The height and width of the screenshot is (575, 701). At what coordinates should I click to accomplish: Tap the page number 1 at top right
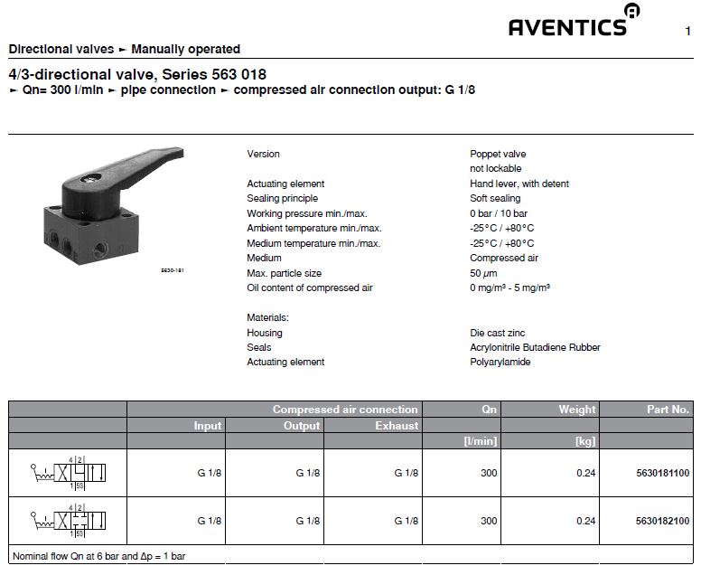688,32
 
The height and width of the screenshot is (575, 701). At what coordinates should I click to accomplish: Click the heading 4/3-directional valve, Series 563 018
136,74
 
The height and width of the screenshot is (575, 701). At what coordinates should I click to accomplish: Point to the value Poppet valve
497,154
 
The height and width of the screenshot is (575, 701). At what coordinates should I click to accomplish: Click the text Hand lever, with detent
519,184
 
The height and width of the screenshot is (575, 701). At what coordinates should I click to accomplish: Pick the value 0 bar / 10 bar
500,213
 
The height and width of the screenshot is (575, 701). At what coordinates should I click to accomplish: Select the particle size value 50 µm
484,273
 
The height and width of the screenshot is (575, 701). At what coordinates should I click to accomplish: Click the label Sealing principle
282,198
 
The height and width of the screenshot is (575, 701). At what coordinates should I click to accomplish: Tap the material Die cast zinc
497,333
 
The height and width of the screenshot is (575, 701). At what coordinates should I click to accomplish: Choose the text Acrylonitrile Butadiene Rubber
535,347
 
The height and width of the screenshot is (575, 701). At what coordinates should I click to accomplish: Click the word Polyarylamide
500,362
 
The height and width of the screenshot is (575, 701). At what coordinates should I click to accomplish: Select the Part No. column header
668,410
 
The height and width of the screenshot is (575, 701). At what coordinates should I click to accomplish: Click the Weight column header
576,410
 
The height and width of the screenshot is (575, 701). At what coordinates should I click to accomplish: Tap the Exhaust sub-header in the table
397,425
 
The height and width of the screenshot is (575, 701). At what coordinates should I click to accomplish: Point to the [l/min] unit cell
478,440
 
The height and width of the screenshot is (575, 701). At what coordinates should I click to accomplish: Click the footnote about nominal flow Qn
99,556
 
